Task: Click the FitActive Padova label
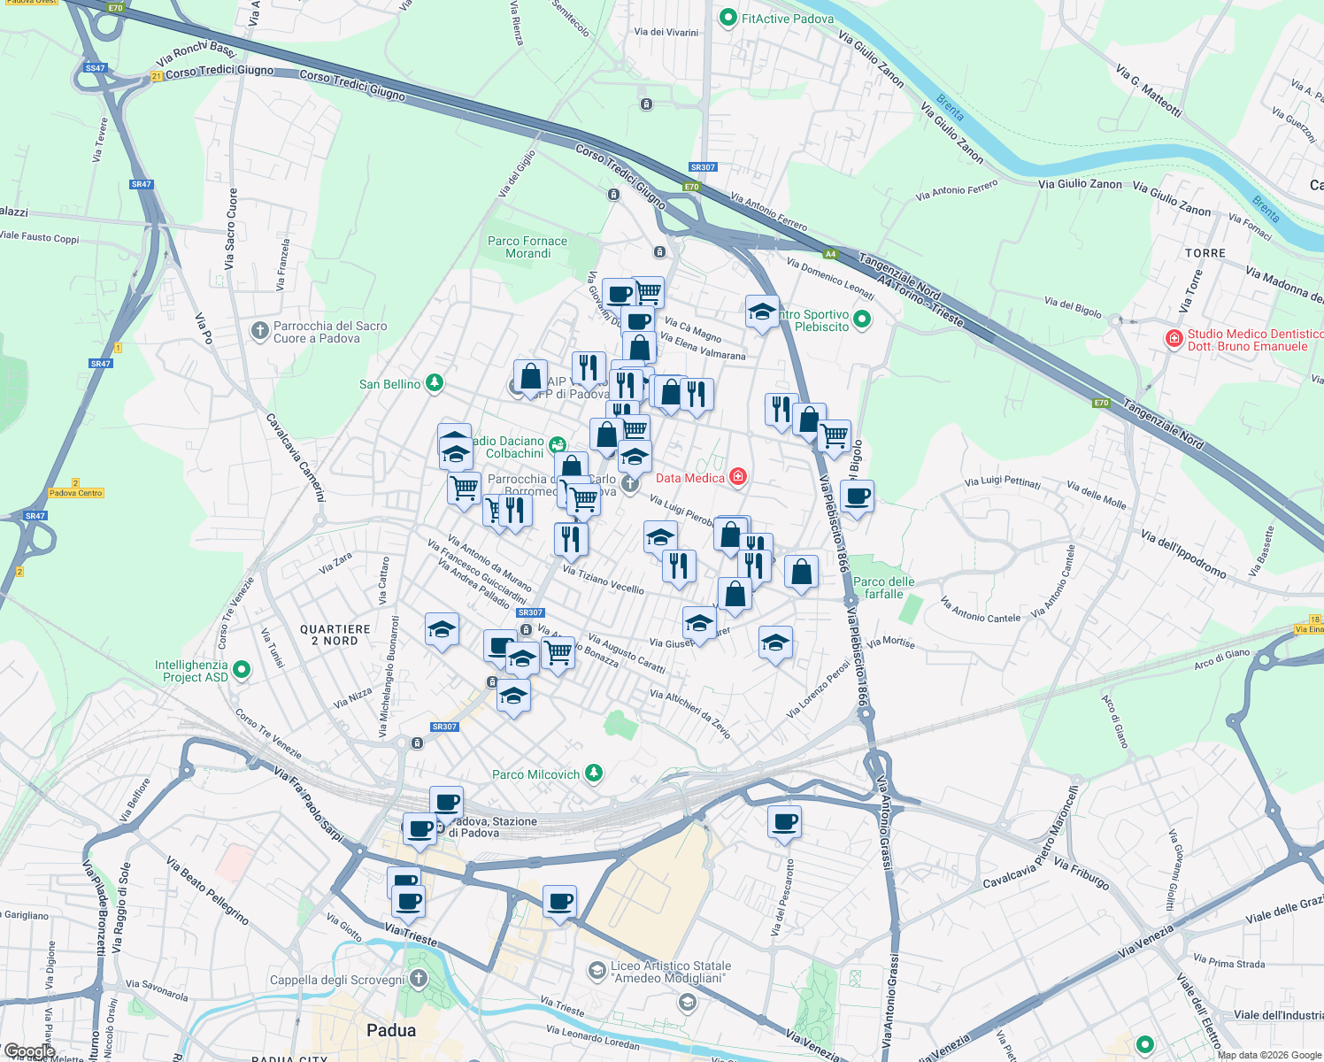tap(787, 19)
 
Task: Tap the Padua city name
tap(391, 1030)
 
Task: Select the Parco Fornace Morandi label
tap(527, 247)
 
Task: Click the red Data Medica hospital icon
tap(737, 478)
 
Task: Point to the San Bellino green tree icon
tap(435, 383)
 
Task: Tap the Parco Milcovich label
tap(535, 774)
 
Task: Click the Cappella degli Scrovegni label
tap(336, 980)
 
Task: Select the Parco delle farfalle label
tap(883, 588)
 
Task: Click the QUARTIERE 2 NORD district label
tap(335, 635)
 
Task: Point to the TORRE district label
tap(1205, 253)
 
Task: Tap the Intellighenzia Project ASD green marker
tap(242, 670)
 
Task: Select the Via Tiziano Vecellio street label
tap(604, 580)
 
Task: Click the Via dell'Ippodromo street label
tap(1183, 555)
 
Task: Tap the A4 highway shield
tap(830, 255)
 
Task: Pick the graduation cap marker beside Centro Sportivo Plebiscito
tap(762, 312)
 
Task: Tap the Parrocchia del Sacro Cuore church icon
tap(259, 331)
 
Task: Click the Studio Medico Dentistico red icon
tap(1174, 339)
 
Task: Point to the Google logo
tap(29, 1051)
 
